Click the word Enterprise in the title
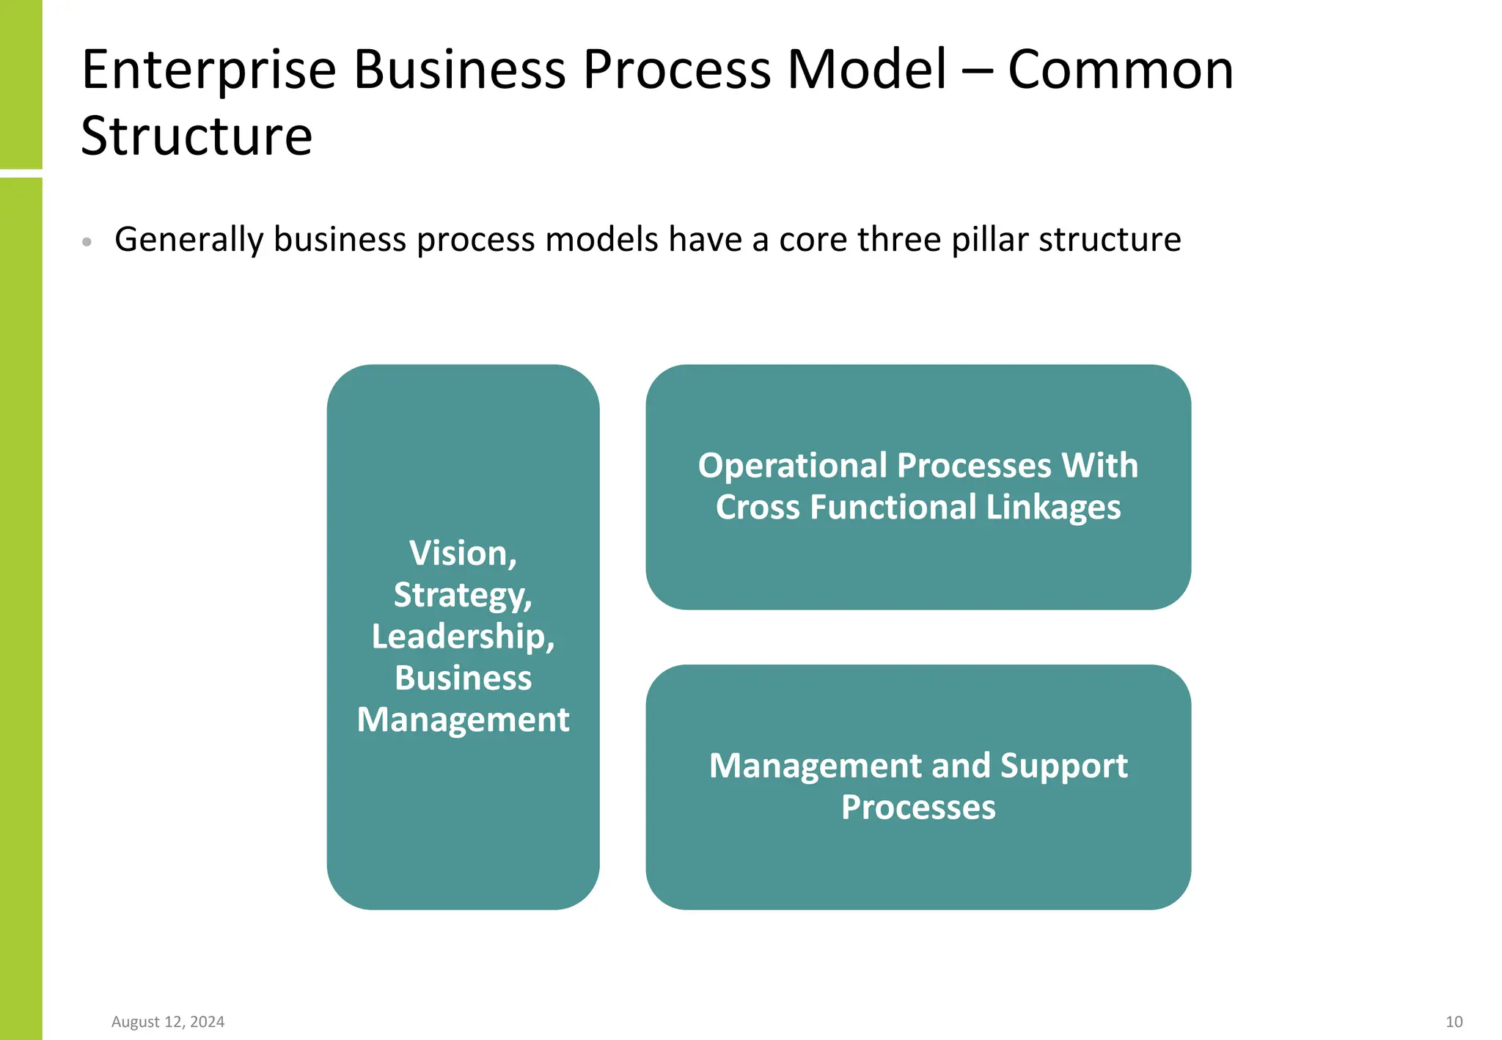(208, 71)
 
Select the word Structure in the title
(197, 137)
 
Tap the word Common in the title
(1121, 71)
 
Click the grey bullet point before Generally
(87, 241)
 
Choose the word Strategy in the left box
(462, 595)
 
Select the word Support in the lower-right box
(1063, 766)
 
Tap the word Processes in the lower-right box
(918, 808)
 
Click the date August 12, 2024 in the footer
(168, 1022)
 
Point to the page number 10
(1454, 1022)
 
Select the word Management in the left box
(463, 719)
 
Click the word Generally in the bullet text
(188, 240)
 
